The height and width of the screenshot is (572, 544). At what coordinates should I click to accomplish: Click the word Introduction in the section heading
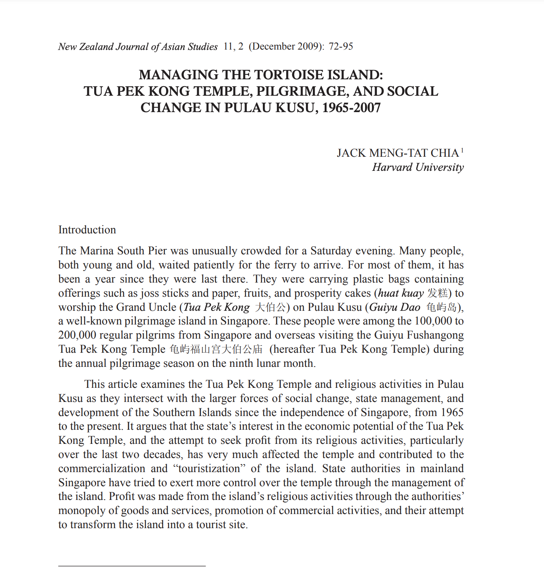[87, 230]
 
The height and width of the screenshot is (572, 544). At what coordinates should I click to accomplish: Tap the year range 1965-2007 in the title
[351, 108]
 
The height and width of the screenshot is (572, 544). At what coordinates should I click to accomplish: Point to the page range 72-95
[341, 47]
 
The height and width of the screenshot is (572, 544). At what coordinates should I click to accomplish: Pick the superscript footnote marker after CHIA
[462, 150]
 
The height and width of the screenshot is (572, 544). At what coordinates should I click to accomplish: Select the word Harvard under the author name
[392, 167]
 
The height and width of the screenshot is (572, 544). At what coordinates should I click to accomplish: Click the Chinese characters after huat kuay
[438, 293]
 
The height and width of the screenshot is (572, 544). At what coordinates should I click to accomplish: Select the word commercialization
[102, 469]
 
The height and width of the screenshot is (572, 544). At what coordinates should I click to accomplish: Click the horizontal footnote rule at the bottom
[132, 566]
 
